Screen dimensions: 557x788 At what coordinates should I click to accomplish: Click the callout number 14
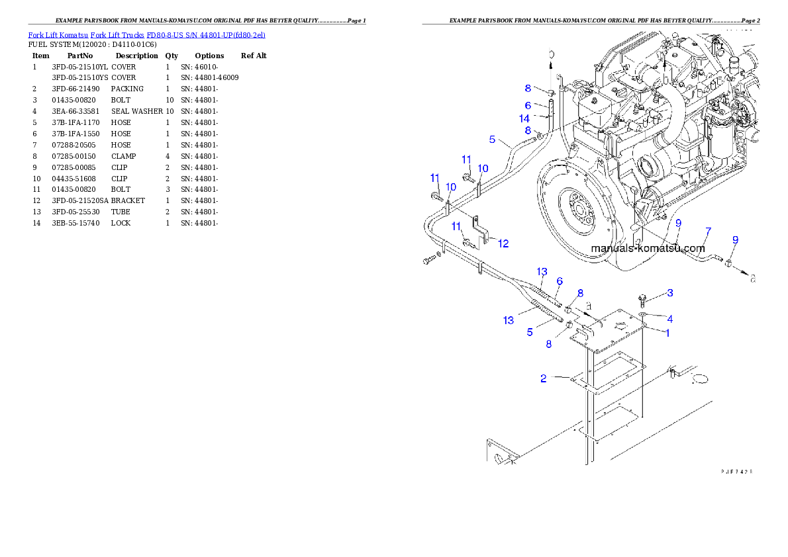coord(524,119)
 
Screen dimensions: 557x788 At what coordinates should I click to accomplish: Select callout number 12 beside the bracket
coord(503,244)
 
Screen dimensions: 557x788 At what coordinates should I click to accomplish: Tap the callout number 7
coord(708,232)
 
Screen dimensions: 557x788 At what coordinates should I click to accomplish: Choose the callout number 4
coord(669,319)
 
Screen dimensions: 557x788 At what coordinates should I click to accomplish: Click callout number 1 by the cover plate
coord(667,333)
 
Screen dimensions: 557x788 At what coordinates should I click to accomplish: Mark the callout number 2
coord(544,379)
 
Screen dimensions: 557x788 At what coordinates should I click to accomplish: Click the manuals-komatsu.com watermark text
coord(648,249)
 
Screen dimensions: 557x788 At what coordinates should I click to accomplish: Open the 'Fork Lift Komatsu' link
coord(58,35)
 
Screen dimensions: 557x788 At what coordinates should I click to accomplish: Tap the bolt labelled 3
coord(642,298)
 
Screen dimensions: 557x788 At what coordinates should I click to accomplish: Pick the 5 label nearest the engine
coord(492,140)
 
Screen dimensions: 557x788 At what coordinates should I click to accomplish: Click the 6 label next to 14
coord(528,105)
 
